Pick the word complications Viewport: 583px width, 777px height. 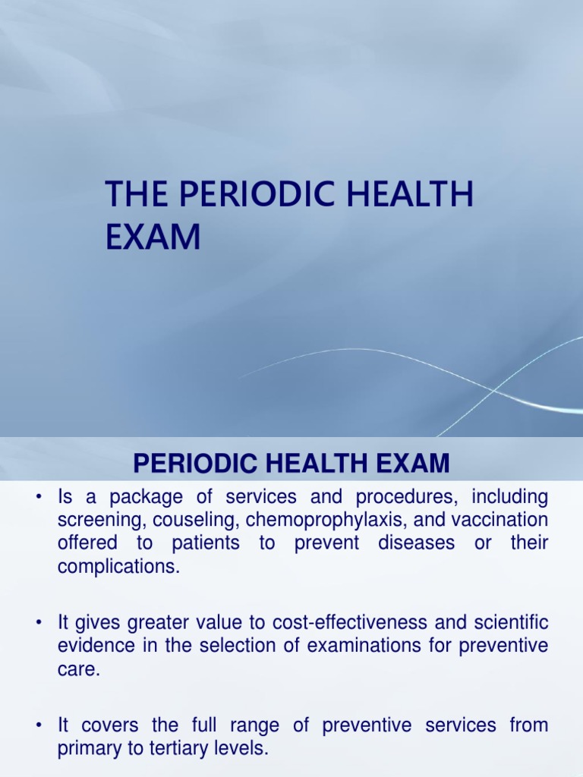coord(119,566)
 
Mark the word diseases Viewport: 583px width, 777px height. coord(415,543)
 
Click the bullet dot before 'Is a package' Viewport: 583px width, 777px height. coord(36,498)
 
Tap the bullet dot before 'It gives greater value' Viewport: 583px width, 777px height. coord(36,622)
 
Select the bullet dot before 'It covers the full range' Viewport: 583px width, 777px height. coord(36,725)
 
